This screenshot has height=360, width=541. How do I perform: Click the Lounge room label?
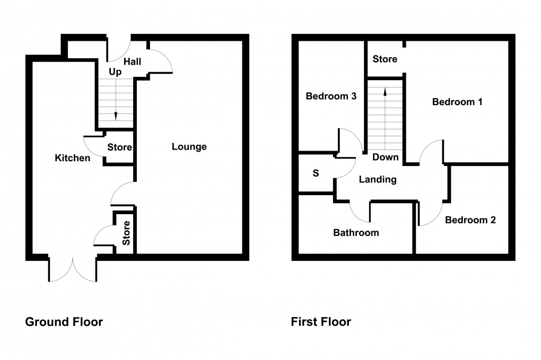pyautogui.click(x=189, y=147)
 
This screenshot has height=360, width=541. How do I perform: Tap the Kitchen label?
pyautogui.click(x=72, y=158)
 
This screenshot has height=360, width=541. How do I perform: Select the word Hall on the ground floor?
pyautogui.click(x=132, y=62)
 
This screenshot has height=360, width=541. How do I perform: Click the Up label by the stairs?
pyautogui.click(x=115, y=72)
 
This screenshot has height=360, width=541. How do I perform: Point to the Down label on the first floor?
pyautogui.click(x=385, y=157)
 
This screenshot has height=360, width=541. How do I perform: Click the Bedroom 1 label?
pyautogui.click(x=457, y=102)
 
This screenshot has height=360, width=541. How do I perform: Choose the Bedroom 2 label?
pyautogui.click(x=470, y=220)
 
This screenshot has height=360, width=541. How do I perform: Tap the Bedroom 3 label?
pyautogui.click(x=330, y=96)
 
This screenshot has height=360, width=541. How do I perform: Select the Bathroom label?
pyautogui.click(x=356, y=233)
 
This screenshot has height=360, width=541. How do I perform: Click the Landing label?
pyautogui.click(x=378, y=180)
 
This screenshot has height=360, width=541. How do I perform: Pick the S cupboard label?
pyautogui.click(x=316, y=173)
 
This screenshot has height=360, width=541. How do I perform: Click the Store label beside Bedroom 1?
pyautogui.click(x=385, y=59)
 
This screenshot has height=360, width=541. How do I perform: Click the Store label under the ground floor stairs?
pyautogui.click(x=119, y=147)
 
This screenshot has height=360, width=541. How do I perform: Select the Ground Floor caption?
pyautogui.click(x=64, y=322)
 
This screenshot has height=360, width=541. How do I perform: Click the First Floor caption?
pyautogui.click(x=320, y=322)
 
